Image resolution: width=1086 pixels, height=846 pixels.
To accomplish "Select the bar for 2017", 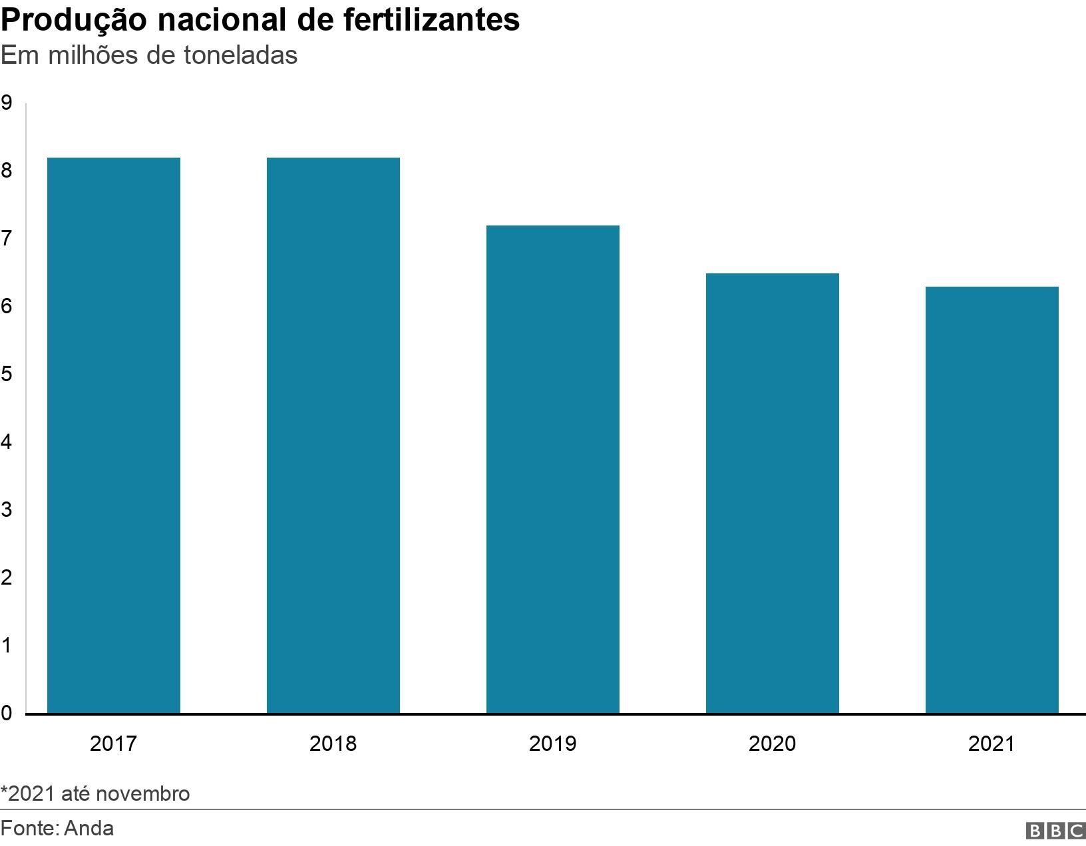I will [x=114, y=436].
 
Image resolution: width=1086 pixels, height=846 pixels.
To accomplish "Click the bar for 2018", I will [x=333, y=436].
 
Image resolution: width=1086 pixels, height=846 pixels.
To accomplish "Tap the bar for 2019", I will [x=553, y=470].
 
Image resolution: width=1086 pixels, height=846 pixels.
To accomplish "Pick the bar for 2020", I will [x=773, y=493].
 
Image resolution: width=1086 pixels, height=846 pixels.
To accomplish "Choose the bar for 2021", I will [x=992, y=500].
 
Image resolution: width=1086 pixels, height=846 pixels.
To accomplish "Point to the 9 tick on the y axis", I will [x=7, y=103].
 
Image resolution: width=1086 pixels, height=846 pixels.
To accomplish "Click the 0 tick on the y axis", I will [x=7, y=714].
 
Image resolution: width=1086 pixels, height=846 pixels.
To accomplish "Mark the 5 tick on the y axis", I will [x=7, y=374].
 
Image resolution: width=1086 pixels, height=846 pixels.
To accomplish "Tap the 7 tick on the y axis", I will [x=7, y=239].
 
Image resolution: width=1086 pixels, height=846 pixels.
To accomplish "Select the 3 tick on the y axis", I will [x=7, y=510].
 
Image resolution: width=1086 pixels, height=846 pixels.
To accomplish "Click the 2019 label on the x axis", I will [x=553, y=744].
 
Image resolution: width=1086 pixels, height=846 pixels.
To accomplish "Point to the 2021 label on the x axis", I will [x=992, y=744].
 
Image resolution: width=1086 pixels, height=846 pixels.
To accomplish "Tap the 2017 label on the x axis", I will [x=114, y=744].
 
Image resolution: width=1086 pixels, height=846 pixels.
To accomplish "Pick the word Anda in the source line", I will [x=89, y=829].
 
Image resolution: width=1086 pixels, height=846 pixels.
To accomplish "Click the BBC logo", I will [x=1056, y=831].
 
